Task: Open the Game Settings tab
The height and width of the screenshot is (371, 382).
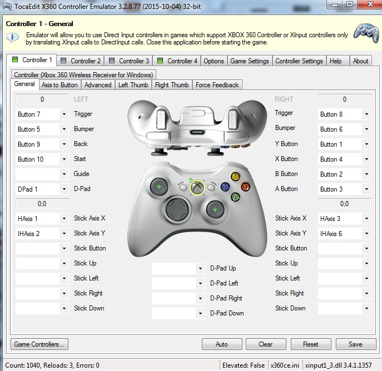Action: [x=250, y=61]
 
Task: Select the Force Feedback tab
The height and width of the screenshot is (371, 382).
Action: [x=217, y=85]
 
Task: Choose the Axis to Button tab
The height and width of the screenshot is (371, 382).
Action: [x=59, y=85]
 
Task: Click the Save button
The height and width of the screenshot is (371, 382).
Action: [x=355, y=344]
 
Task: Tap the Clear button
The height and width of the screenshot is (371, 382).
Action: [x=266, y=344]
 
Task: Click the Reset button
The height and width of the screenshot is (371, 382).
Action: [x=310, y=344]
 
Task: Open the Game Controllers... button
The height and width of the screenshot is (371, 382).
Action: [x=39, y=344]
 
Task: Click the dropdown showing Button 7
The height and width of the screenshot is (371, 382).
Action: [x=41, y=114]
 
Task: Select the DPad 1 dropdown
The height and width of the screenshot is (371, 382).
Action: [x=41, y=189]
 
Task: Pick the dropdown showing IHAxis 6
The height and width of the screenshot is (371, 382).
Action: [x=344, y=234]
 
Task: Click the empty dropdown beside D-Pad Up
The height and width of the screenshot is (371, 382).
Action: [x=178, y=269]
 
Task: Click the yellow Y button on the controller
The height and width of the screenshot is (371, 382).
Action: [x=235, y=177]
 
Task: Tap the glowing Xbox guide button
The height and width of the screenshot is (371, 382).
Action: [x=196, y=188]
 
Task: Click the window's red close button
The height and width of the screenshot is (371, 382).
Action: [x=368, y=4]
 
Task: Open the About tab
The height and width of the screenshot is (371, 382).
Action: [x=360, y=61]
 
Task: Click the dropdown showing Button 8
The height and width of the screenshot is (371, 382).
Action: [x=344, y=114]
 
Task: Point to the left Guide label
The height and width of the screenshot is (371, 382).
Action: [x=81, y=174]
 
